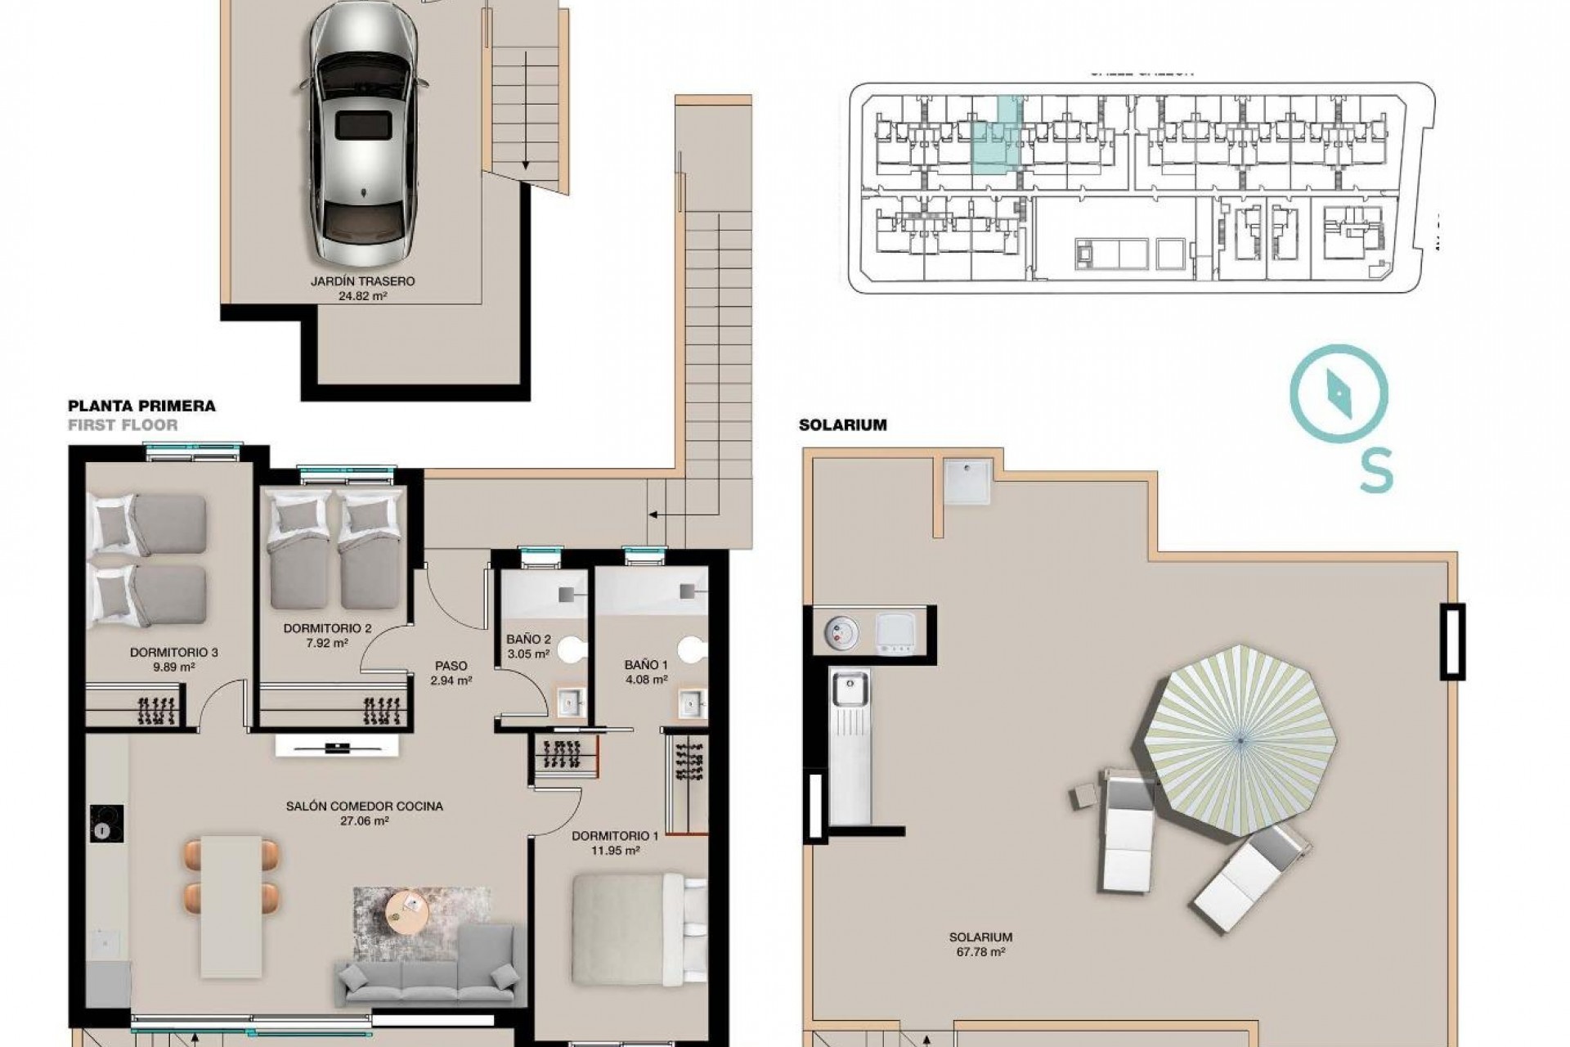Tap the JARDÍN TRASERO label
tap(362, 281)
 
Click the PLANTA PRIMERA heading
tap(141, 406)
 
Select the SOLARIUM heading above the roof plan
tap(842, 425)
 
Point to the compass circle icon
tap(1339, 393)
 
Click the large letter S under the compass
tap(1376, 473)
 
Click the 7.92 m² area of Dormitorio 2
tap(328, 643)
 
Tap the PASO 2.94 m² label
tap(451, 672)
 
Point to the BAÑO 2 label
tap(528, 640)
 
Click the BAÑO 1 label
tap(646, 665)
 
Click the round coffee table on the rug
tap(406, 906)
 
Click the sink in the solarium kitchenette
tap(850, 688)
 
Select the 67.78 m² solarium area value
tap(980, 952)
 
